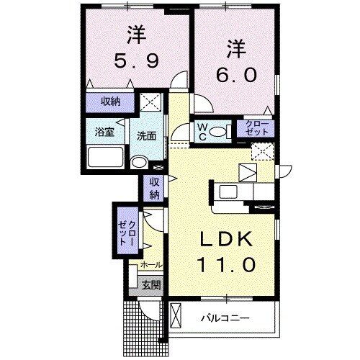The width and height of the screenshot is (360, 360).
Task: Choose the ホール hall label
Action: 151,265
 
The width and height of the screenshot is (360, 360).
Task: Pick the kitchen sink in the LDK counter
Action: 229,192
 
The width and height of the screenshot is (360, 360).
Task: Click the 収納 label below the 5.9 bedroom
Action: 110,102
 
